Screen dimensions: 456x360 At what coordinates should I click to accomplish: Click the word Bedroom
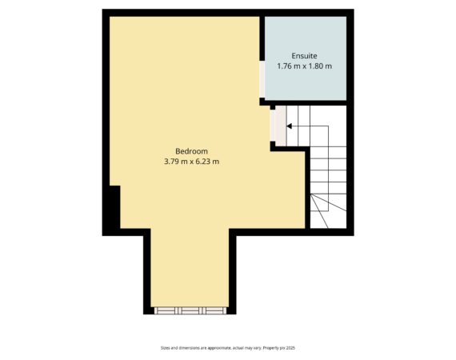(x=191, y=151)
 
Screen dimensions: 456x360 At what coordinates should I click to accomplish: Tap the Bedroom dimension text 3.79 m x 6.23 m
(x=191, y=162)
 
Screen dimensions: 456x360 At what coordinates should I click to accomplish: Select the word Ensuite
(x=304, y=55)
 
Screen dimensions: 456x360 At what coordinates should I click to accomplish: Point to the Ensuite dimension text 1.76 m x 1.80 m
(x=304, y=66)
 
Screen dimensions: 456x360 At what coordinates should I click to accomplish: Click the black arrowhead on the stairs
(x=289, y=126)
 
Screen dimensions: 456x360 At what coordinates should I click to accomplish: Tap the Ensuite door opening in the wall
(x=262, y=79)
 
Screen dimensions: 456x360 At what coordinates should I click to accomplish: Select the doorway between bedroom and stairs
(x=278, y=126)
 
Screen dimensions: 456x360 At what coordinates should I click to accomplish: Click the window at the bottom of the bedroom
(x=190, y=310)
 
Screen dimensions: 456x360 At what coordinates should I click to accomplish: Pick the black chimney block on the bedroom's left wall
(x=114, y=207)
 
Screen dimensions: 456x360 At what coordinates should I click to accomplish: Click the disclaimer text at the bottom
(x=228, y=348)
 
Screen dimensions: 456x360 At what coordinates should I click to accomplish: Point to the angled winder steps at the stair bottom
(x=328, y=211)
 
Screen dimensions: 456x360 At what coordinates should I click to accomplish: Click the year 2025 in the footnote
(x=291, y=348)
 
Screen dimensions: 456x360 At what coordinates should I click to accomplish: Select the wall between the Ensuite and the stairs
(x=306, y=103)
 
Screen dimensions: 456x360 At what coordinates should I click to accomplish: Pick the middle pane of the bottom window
(x=190, y=310)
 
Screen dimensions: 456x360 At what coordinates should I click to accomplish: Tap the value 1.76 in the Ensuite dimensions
(x=284, y=66)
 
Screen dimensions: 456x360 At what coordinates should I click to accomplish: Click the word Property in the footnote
(x=270, y=348)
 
